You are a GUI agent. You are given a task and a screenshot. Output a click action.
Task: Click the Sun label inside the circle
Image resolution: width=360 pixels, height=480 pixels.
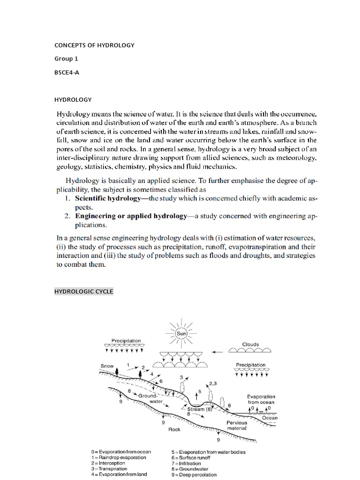182,333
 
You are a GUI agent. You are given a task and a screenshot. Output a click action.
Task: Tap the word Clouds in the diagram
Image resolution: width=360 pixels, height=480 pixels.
250,344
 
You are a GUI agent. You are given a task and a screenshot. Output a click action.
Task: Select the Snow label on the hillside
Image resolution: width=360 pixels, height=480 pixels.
107,366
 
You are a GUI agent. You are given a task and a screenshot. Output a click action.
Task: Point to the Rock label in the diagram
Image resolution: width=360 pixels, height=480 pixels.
174,429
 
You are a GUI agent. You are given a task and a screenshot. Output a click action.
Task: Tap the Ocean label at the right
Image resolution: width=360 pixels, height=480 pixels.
270,418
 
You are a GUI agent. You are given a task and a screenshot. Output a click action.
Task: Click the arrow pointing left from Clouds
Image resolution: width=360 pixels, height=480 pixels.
217,352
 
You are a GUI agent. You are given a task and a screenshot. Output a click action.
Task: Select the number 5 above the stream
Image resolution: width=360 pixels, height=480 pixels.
200,391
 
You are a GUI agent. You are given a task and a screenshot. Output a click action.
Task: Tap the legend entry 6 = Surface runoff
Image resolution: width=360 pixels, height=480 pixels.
196,457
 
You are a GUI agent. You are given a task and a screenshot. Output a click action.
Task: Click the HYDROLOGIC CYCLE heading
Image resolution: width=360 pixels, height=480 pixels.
84,292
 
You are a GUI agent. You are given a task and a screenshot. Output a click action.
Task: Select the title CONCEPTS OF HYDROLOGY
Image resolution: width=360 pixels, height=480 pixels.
95,45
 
